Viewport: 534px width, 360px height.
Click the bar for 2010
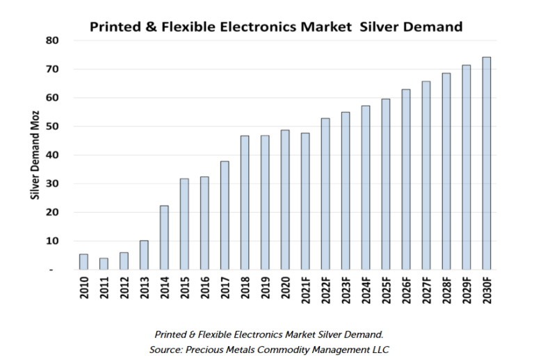coord(83,261)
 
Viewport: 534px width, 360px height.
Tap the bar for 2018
coord(245,202)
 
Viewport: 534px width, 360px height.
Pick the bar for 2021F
coord(305,201)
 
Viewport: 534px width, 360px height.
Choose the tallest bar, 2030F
coord(487,163)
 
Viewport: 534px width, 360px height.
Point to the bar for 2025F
coord(386,184)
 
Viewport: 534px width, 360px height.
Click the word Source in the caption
coord(168,347)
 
